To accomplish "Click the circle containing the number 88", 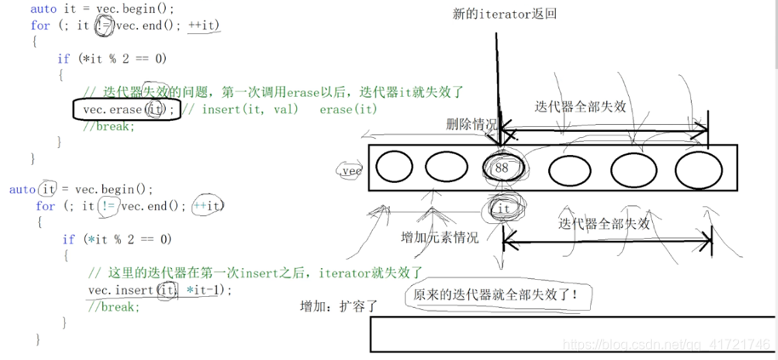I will point(501,168).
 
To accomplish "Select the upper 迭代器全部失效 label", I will point(581,107).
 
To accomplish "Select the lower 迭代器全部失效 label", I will point(604,224).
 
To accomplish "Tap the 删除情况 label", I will point(472,124).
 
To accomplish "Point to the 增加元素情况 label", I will point(440,237).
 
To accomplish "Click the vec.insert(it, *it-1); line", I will point(159,290).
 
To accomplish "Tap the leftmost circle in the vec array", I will point(394,167).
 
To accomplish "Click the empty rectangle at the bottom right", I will point(572,334).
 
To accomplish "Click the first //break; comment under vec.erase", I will point(109,126).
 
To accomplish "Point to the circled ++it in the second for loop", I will point(209,206).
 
